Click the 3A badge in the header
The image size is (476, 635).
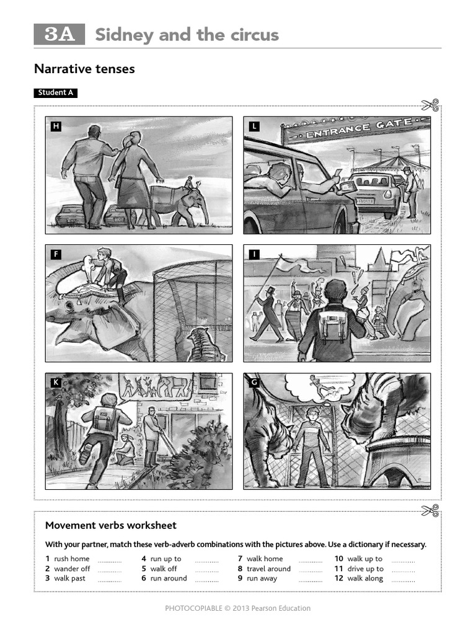(x=59, y=35)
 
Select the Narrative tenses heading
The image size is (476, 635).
(x=84, y=69)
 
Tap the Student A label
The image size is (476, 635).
(x=56, y=93)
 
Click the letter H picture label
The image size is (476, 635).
(x=56, y=127)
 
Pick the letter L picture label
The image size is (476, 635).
(x=253, y=127)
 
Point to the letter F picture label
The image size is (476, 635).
(x=56, y=254)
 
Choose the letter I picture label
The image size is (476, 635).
(x=253, y=254)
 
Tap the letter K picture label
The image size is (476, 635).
(x=56, y=383)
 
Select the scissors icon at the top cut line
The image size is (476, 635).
(x=430, y=106)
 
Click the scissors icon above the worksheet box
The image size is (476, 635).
(x=430, y=510)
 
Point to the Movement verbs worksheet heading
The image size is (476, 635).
(x=110, y=525)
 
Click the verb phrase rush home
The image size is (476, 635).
(x=71, y=559)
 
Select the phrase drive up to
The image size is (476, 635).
(x=365, y=569)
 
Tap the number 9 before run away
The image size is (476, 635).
(x=240, y=579)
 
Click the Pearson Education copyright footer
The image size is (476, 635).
(x=237, y=608)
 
